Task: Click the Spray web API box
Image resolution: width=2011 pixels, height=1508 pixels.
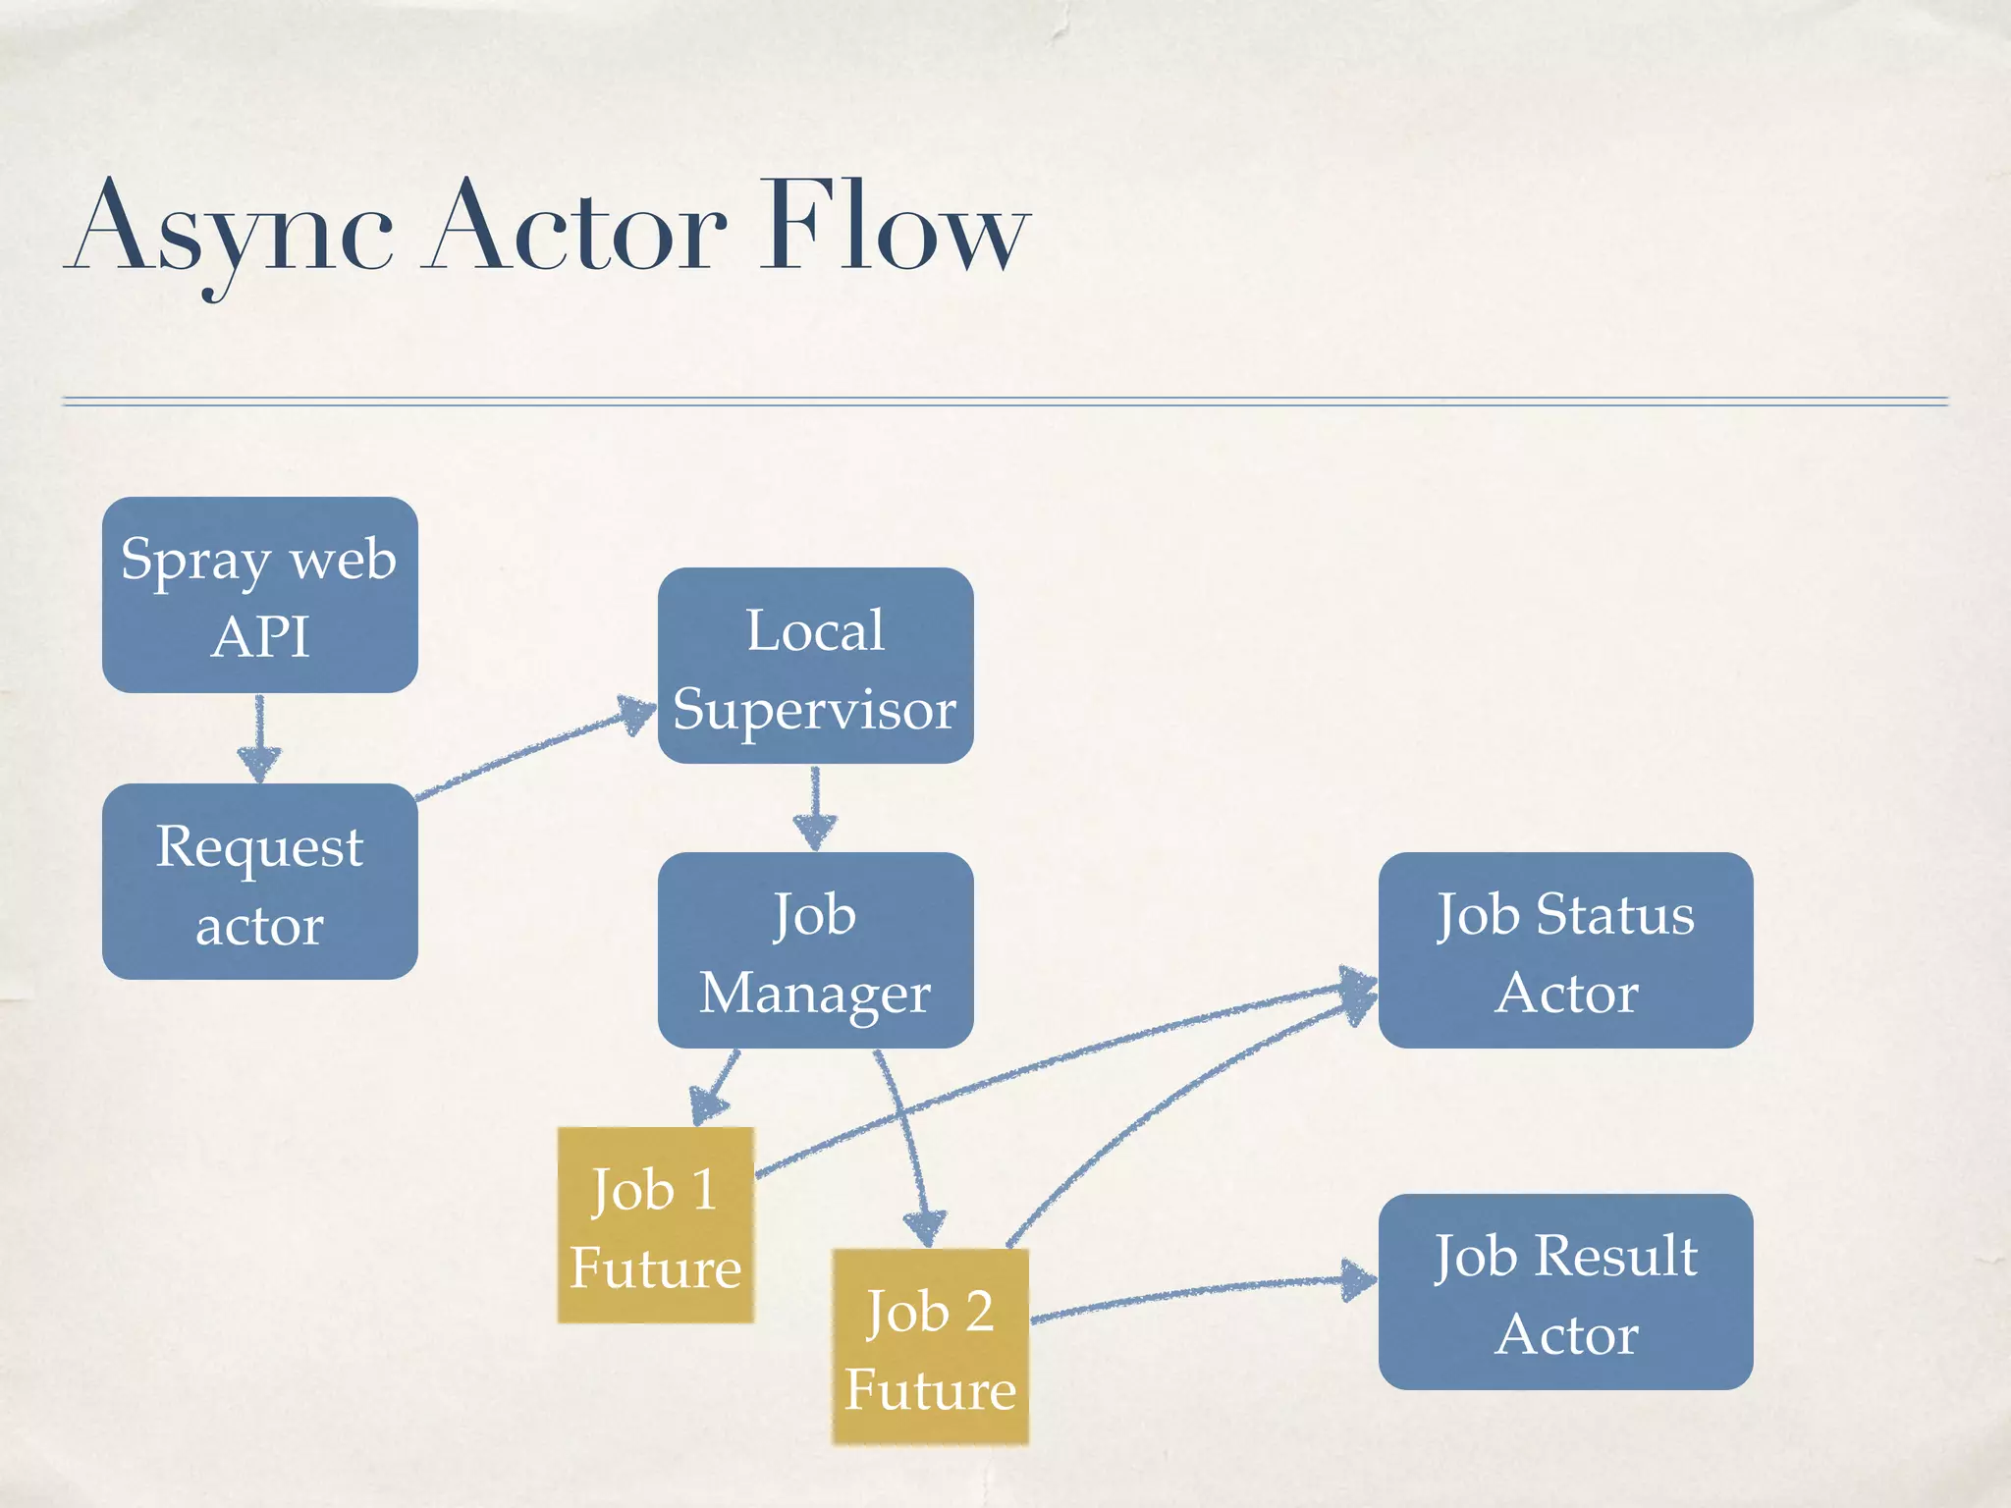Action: click(259, 595)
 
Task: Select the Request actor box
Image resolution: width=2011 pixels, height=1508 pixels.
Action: click(259, 882)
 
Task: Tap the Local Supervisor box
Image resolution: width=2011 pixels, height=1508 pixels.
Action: click(815, 666)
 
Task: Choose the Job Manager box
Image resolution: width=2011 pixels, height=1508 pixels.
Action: click(815, 950)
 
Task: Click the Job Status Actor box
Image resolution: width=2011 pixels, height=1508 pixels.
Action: click(1565, 950)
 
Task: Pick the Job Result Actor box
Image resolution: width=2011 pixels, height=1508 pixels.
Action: click(1565, 1292)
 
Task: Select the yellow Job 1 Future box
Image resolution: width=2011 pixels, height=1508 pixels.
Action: click(655, 1225)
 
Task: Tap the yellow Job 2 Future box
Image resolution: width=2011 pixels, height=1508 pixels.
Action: click(930, 1347)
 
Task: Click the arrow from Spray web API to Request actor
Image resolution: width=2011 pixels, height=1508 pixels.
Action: click(259, 738)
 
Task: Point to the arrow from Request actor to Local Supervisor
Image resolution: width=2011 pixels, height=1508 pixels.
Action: click(535, 752)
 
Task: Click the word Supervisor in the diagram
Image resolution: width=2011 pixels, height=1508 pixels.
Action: click(815, 709)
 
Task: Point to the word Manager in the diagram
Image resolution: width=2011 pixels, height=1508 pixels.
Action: click(815, 994)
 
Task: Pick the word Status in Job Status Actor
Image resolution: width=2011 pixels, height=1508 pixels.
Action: click(1615, 915)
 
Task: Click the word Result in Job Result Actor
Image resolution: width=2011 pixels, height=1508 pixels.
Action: click(1616, 1256)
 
